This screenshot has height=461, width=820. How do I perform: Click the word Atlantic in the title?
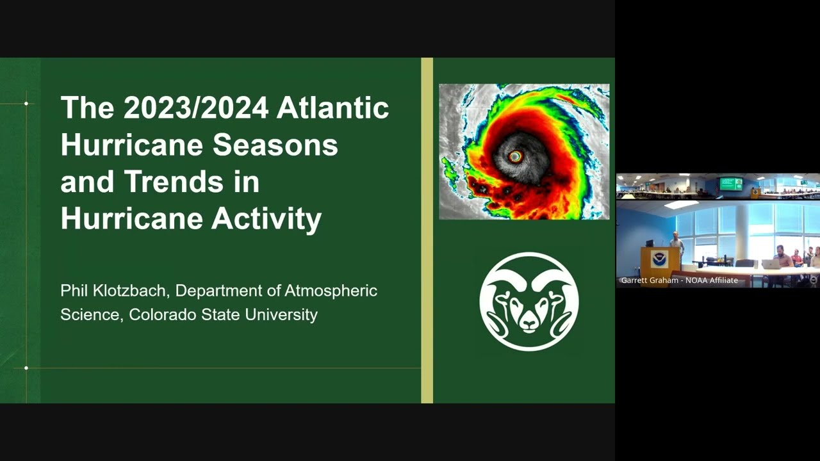(x=332, y=108)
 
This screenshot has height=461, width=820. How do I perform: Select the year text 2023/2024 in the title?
(x=196, y=108)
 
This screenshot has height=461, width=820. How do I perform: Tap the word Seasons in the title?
(x=275, y=145)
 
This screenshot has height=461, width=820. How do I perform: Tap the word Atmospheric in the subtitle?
(x=331, y=291)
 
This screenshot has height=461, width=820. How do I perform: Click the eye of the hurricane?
(x=515, y=157)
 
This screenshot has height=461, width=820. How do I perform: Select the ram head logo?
(x=529, y=302)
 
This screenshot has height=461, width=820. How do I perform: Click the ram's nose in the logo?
(x=529, y=324)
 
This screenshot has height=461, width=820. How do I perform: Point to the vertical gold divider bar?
(x=427, y=230)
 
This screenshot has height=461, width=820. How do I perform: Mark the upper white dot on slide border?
(x=26, y=104)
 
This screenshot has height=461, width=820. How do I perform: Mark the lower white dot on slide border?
(x=26, y=368)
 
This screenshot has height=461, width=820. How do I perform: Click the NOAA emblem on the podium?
(x=660, y=259)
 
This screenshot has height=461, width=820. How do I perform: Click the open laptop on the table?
(x=771, y=264)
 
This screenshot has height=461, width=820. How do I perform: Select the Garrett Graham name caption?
(x=680, y=280)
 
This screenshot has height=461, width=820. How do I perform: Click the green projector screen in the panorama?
(x=731, y=184)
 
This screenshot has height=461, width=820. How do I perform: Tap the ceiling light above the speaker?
(x=681, y=204)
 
